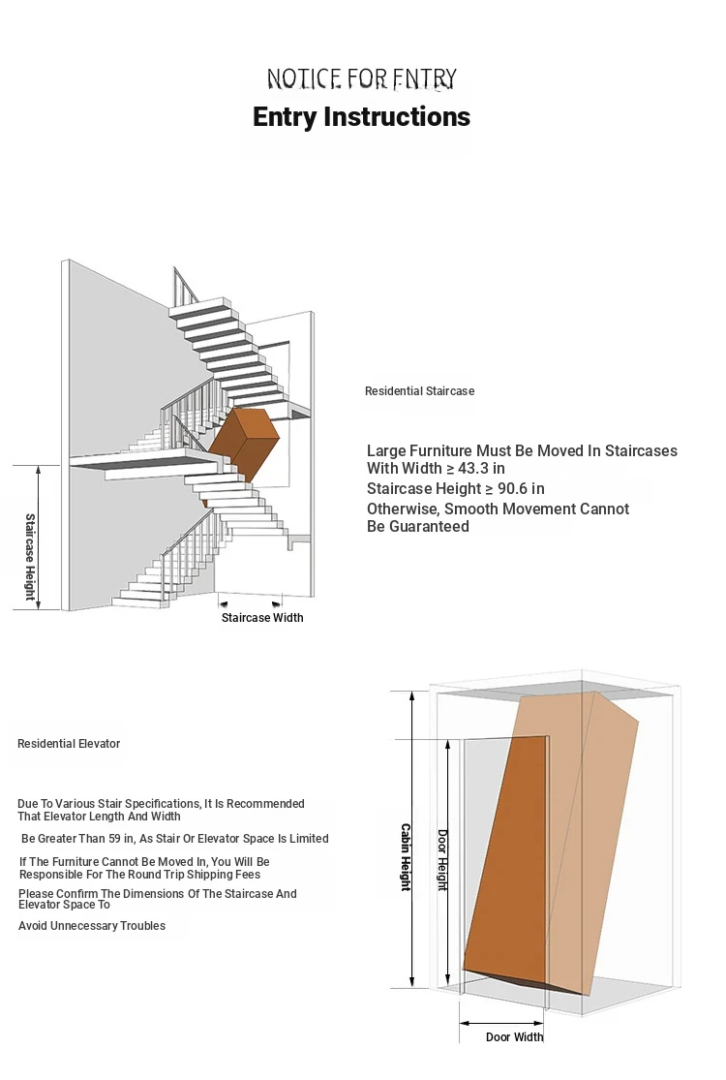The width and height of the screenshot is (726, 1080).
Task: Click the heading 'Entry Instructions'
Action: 361,117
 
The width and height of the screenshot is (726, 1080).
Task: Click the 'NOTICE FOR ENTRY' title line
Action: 361,78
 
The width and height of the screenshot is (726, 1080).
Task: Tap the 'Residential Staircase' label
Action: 419,391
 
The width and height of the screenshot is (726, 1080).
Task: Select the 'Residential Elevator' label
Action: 69,744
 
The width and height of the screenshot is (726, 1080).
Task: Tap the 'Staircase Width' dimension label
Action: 262,618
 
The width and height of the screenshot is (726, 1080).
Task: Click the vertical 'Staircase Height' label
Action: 29,557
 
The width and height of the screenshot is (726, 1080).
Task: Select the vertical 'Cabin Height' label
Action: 406,857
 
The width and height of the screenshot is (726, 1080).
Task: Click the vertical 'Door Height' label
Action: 442,860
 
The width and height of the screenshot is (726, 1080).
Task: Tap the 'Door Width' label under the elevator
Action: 514,1037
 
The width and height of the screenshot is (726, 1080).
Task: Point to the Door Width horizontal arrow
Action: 501,1022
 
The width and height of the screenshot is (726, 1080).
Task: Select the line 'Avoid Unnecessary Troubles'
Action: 92,926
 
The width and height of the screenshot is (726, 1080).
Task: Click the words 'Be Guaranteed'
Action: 418,527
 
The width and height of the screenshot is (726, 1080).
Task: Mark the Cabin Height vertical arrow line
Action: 413,839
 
